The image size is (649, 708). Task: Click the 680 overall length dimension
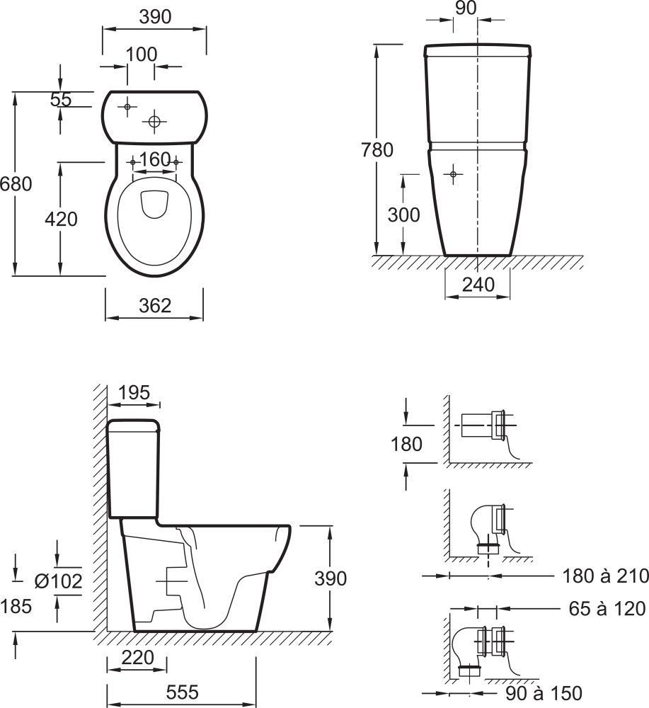click(x=16, y=184)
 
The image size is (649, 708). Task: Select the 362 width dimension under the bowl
click(x=155, y=306)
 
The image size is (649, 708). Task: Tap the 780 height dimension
click(x=377, y=150)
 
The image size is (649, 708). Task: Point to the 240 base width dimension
click(x=478, y=285)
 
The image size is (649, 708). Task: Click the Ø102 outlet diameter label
click(x=59, y=581)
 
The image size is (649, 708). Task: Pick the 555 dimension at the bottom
click(x=182, y=692)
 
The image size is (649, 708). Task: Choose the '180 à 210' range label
click(x=605, y=576)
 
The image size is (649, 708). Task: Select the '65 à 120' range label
click(x=607, y=609)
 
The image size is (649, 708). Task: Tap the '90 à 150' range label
click(x=544, y=693)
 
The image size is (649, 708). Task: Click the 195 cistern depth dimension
click(x=134, y=393)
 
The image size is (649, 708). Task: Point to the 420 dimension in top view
click(x=61, y=219)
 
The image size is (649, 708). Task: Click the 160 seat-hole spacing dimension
click(x=155, y=159)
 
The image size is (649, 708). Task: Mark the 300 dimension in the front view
click(x=403, y=215)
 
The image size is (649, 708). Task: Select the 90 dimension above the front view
click(x=466, y=8)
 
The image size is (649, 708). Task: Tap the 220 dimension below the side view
click(x=137, y=658)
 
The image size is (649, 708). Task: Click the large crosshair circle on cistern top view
click(x=154, y=121)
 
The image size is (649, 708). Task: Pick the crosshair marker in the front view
click(x=453, y=174)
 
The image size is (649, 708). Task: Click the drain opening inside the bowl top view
click(x=155, y=204)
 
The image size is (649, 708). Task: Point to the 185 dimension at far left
click(x=16, y=607)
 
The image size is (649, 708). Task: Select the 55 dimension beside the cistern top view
click(x=61, y=99)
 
